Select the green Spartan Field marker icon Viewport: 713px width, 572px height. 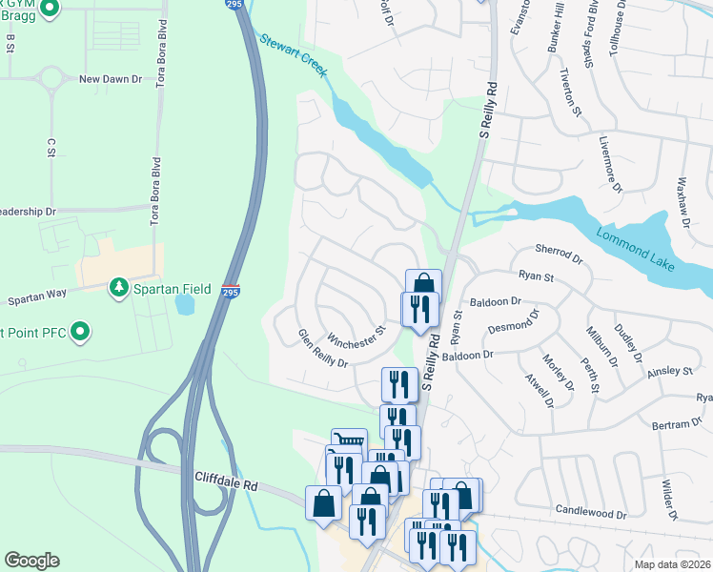118,286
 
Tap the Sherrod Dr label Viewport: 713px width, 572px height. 559,252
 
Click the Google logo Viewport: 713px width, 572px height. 31,561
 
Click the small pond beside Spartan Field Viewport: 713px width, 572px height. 184,304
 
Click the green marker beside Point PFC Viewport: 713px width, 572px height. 81,333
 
